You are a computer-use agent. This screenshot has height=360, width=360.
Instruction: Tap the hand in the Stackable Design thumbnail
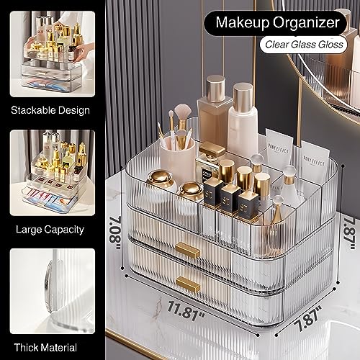[78, 51]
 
